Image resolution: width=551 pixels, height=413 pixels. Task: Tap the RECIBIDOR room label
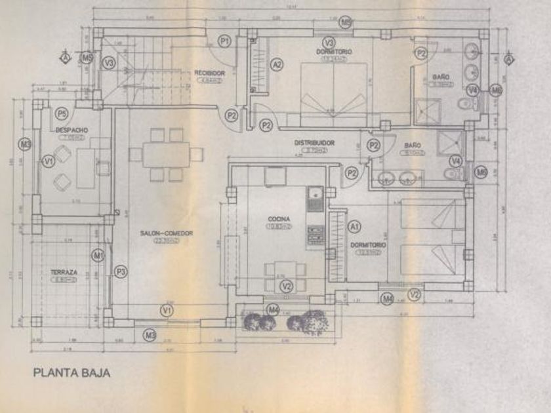210,73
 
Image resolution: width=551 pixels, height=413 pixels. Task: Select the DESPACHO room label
73,130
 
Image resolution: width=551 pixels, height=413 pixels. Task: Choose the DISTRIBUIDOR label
315,142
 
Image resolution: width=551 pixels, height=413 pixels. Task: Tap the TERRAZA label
64,271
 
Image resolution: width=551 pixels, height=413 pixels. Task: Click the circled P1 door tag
225,42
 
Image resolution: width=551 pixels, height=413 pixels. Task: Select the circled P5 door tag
62,113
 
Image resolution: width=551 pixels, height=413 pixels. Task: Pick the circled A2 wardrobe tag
277,64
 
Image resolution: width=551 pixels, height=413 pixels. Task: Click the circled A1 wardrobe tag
355,226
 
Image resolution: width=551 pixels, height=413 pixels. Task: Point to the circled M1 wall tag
99,254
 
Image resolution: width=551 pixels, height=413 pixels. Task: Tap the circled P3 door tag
120,271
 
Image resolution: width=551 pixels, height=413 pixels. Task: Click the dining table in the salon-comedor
166,155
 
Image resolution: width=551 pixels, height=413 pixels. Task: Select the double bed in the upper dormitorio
333,92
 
